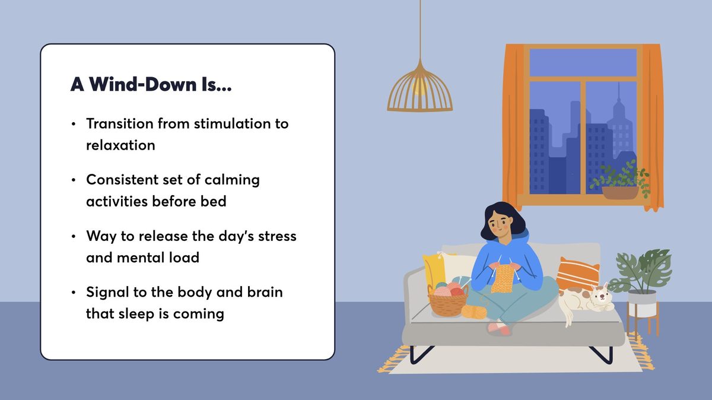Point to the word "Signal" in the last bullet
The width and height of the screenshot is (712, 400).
click(108, 292)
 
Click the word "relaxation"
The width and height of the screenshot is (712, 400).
click(120, 145)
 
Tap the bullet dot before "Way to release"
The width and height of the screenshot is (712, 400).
click(74, 237)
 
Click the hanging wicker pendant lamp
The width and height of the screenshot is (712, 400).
click(419, 90)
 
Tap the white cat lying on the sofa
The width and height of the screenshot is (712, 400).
click(584, 300)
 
